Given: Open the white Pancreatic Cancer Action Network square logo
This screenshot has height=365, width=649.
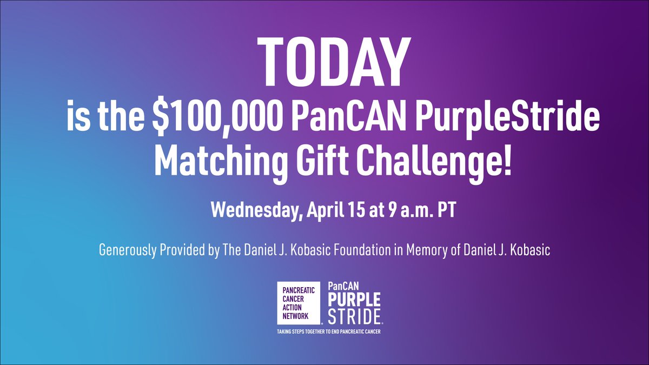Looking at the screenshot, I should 300,303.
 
